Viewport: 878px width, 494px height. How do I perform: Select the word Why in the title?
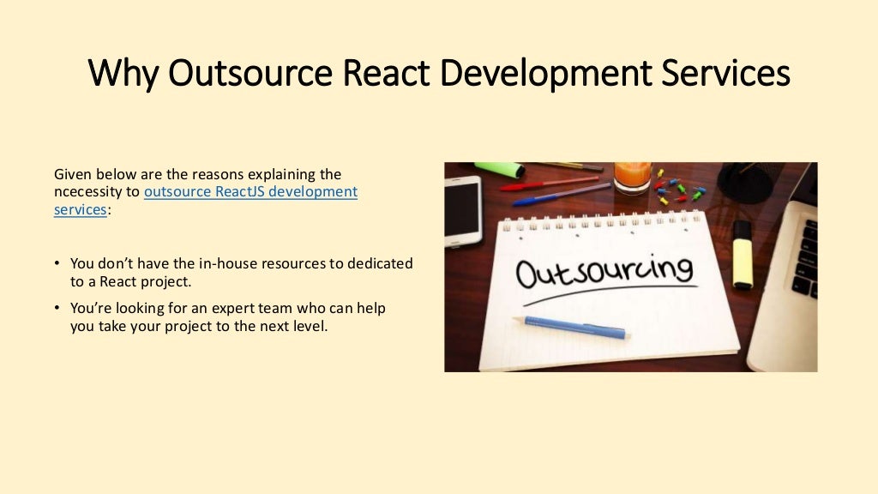point(123,73)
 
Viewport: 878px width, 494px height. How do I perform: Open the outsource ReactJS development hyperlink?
point(250,191)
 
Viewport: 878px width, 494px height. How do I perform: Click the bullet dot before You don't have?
point(57,263)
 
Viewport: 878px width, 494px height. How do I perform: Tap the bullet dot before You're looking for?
point(57,308)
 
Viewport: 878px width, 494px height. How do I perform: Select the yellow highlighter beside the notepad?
point(742,254)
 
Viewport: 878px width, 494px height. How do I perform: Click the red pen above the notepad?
point(549,183)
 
